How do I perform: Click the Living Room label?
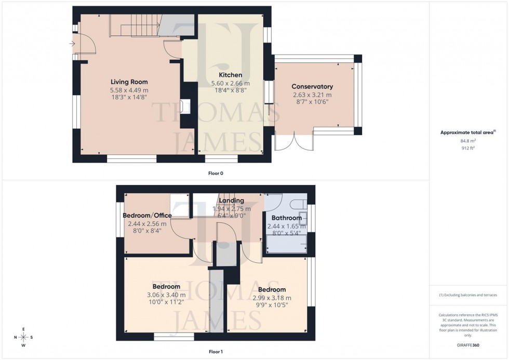pyautogui.click(x=129, y=82)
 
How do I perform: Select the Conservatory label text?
pyautogui.click(x=312, y=87)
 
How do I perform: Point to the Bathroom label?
pyautogui.click(x=284, y=218)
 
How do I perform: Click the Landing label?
pyautogui.click(x=232, y=201)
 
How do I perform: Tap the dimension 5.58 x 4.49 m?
pyautogui.click(x=129, y=90)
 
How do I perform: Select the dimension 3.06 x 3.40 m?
pyautogui.click(x=166, y=295)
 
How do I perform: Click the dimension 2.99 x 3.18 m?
pyautogui.click(x=272, y=298)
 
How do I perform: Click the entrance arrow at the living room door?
pyautogui.click(x=72, y=44)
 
